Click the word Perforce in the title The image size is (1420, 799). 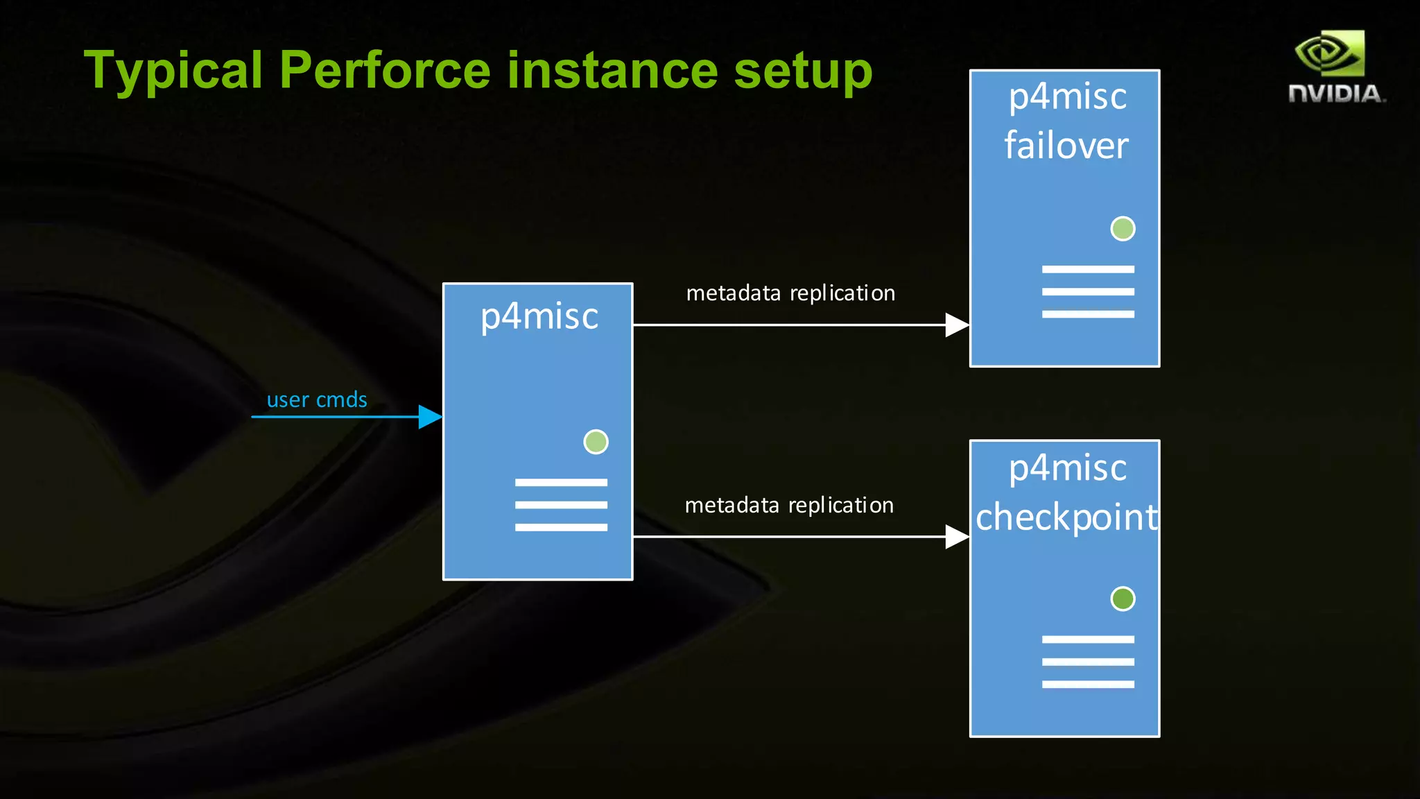tap(385, 71)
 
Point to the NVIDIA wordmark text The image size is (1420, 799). tap(1335, 94)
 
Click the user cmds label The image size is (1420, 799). tap(317, 400)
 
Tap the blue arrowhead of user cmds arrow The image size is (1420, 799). tap(430, 417)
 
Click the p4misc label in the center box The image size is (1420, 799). tap(539, 317)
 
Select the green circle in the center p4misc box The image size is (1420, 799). tap(596, 442)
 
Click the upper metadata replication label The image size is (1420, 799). tap(790, 293)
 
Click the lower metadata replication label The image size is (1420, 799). tap(789, 506)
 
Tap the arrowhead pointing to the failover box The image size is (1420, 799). tap(957, 325)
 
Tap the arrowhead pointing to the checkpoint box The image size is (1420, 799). tap(957, 537)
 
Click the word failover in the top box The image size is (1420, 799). tap(1066, 146)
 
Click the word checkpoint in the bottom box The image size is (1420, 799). tap(1066, 517)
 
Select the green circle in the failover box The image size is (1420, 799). tap(1123, 228)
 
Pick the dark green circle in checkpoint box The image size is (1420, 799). tap(1123, 599)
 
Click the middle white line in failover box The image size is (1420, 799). tap(1088, 292)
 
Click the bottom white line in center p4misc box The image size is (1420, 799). tap(561, 528)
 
